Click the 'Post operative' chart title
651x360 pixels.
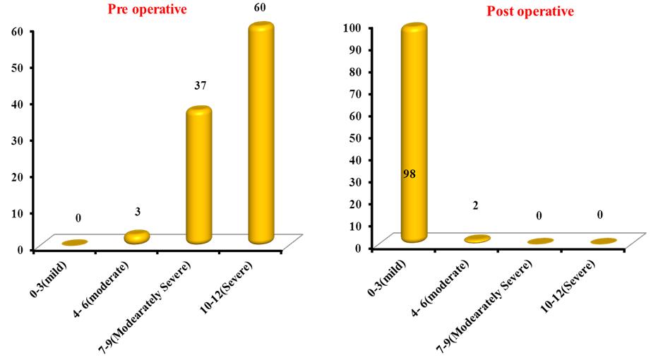pyautogui.click(x=530, y=11)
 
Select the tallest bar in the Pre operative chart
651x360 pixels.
pyautogui.click(x=261, y=134)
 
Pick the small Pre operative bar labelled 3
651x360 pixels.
pyautogui.click(x=137, y=237)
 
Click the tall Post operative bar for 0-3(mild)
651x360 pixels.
pyautogui.click(x=414, y=134)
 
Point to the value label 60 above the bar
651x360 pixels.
pyautogui.click(x=261, y=8)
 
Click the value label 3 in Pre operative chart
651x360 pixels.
pyautogui.click(x=138, y=212)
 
